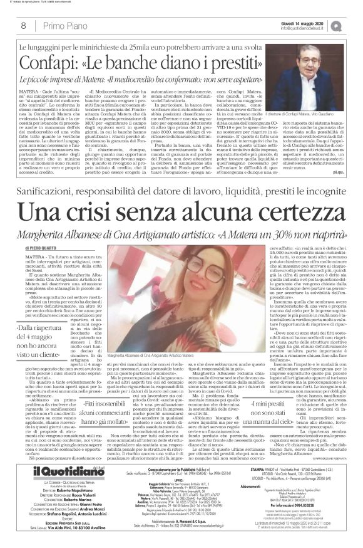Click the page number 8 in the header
point(23,25)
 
